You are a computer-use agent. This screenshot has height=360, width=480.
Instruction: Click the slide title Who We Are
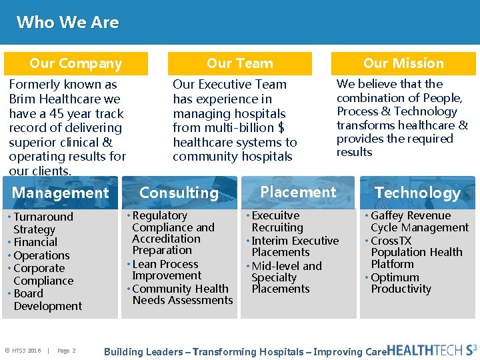click(67, 22)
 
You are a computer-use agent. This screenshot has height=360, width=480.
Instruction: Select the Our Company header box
click(76, 64)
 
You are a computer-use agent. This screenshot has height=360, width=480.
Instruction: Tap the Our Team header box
click(239, 64)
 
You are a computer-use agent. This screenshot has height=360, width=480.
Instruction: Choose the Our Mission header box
click(403, 63)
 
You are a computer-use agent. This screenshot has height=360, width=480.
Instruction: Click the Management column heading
click(60, 193)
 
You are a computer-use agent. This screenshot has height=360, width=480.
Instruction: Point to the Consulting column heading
click(179, 193)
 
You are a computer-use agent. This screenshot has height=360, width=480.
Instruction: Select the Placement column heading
click(298, 192)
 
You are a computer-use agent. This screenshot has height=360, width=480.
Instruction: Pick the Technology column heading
click(417, 193)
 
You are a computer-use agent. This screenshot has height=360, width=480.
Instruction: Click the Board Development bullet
click(47, 300)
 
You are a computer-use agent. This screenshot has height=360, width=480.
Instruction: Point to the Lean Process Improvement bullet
click(166, 269)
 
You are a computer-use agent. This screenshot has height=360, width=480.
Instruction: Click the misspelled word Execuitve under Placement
click(275, 215)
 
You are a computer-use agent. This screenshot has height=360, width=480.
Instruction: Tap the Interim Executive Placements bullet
click(294, 246)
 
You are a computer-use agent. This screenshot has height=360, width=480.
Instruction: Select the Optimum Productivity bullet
click(400, 283)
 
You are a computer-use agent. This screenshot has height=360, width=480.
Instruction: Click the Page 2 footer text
click(66, 351)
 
